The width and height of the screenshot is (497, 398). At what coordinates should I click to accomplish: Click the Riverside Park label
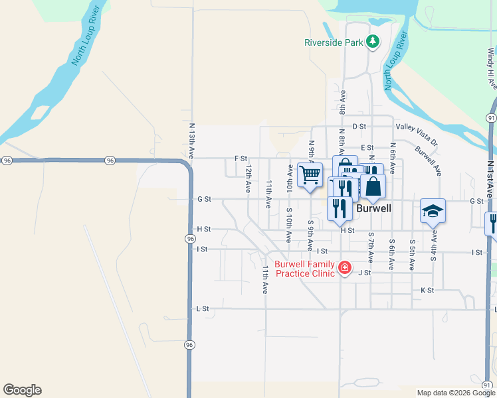tap(334, 42)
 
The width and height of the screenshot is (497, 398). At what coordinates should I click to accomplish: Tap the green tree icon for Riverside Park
tap(373, 42)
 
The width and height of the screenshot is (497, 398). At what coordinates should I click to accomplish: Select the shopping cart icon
tap(310, 175)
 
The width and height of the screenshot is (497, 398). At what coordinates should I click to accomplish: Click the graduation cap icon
tap(433, 211)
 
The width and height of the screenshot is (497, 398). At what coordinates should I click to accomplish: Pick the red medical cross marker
tap(344, 267)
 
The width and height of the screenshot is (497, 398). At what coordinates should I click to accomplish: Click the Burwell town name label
tap(374, 208)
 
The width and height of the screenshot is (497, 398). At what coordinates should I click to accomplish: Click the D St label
tap(359, 126)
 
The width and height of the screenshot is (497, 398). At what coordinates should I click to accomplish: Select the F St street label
tap(241, 159)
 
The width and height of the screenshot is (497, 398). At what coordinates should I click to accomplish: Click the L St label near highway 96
tap(203, 308)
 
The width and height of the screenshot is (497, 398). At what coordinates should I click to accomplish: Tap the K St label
tap(427, 291)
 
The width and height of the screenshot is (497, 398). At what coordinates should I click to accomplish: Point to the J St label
tap(364, 273)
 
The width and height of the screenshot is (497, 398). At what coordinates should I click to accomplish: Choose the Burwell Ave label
tap(428, 160)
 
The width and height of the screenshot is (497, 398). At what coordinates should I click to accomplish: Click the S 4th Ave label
tap(433, 246)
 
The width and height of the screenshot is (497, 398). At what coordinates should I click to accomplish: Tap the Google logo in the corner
tap(22, 390)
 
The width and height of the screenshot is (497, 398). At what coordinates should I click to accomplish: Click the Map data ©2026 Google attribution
tap(455, 393)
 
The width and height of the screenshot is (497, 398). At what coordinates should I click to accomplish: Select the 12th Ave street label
tap(247, 175)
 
